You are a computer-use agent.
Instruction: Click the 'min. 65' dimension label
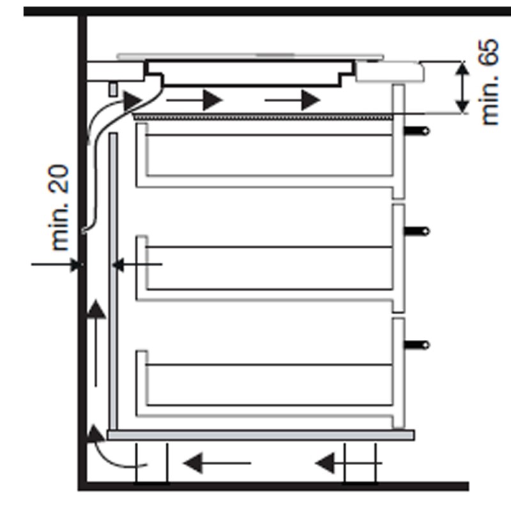click(489, 82)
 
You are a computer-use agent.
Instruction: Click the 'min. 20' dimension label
click(59, 208)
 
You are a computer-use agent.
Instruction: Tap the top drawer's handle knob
click(417, 131)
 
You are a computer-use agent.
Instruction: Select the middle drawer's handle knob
click(417, 231)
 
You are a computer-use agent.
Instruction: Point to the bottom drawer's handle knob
click(417, 345)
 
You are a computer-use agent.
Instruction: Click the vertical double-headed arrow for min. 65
click(462, 88)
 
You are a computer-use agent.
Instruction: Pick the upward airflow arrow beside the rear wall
click(95, 344)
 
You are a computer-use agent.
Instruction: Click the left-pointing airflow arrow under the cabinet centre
click(217, 462)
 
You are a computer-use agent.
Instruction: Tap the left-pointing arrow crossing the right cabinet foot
click(349, 462)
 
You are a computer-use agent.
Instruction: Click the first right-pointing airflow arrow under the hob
click(195, 100)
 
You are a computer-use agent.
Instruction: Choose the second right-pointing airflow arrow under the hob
click(293, 100)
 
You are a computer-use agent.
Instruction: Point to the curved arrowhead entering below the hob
click(133, 100)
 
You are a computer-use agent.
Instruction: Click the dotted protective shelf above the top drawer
click(263, 117)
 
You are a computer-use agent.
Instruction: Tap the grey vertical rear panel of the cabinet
click(113, 281)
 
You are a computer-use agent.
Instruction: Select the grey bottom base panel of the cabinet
click(261, 435)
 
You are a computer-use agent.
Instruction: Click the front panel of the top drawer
click(399, 141)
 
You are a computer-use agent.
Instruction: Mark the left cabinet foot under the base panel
click(152, 462)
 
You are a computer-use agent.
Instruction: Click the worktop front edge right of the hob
click(390, 71)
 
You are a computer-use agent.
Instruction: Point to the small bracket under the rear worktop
click(113, 89)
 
